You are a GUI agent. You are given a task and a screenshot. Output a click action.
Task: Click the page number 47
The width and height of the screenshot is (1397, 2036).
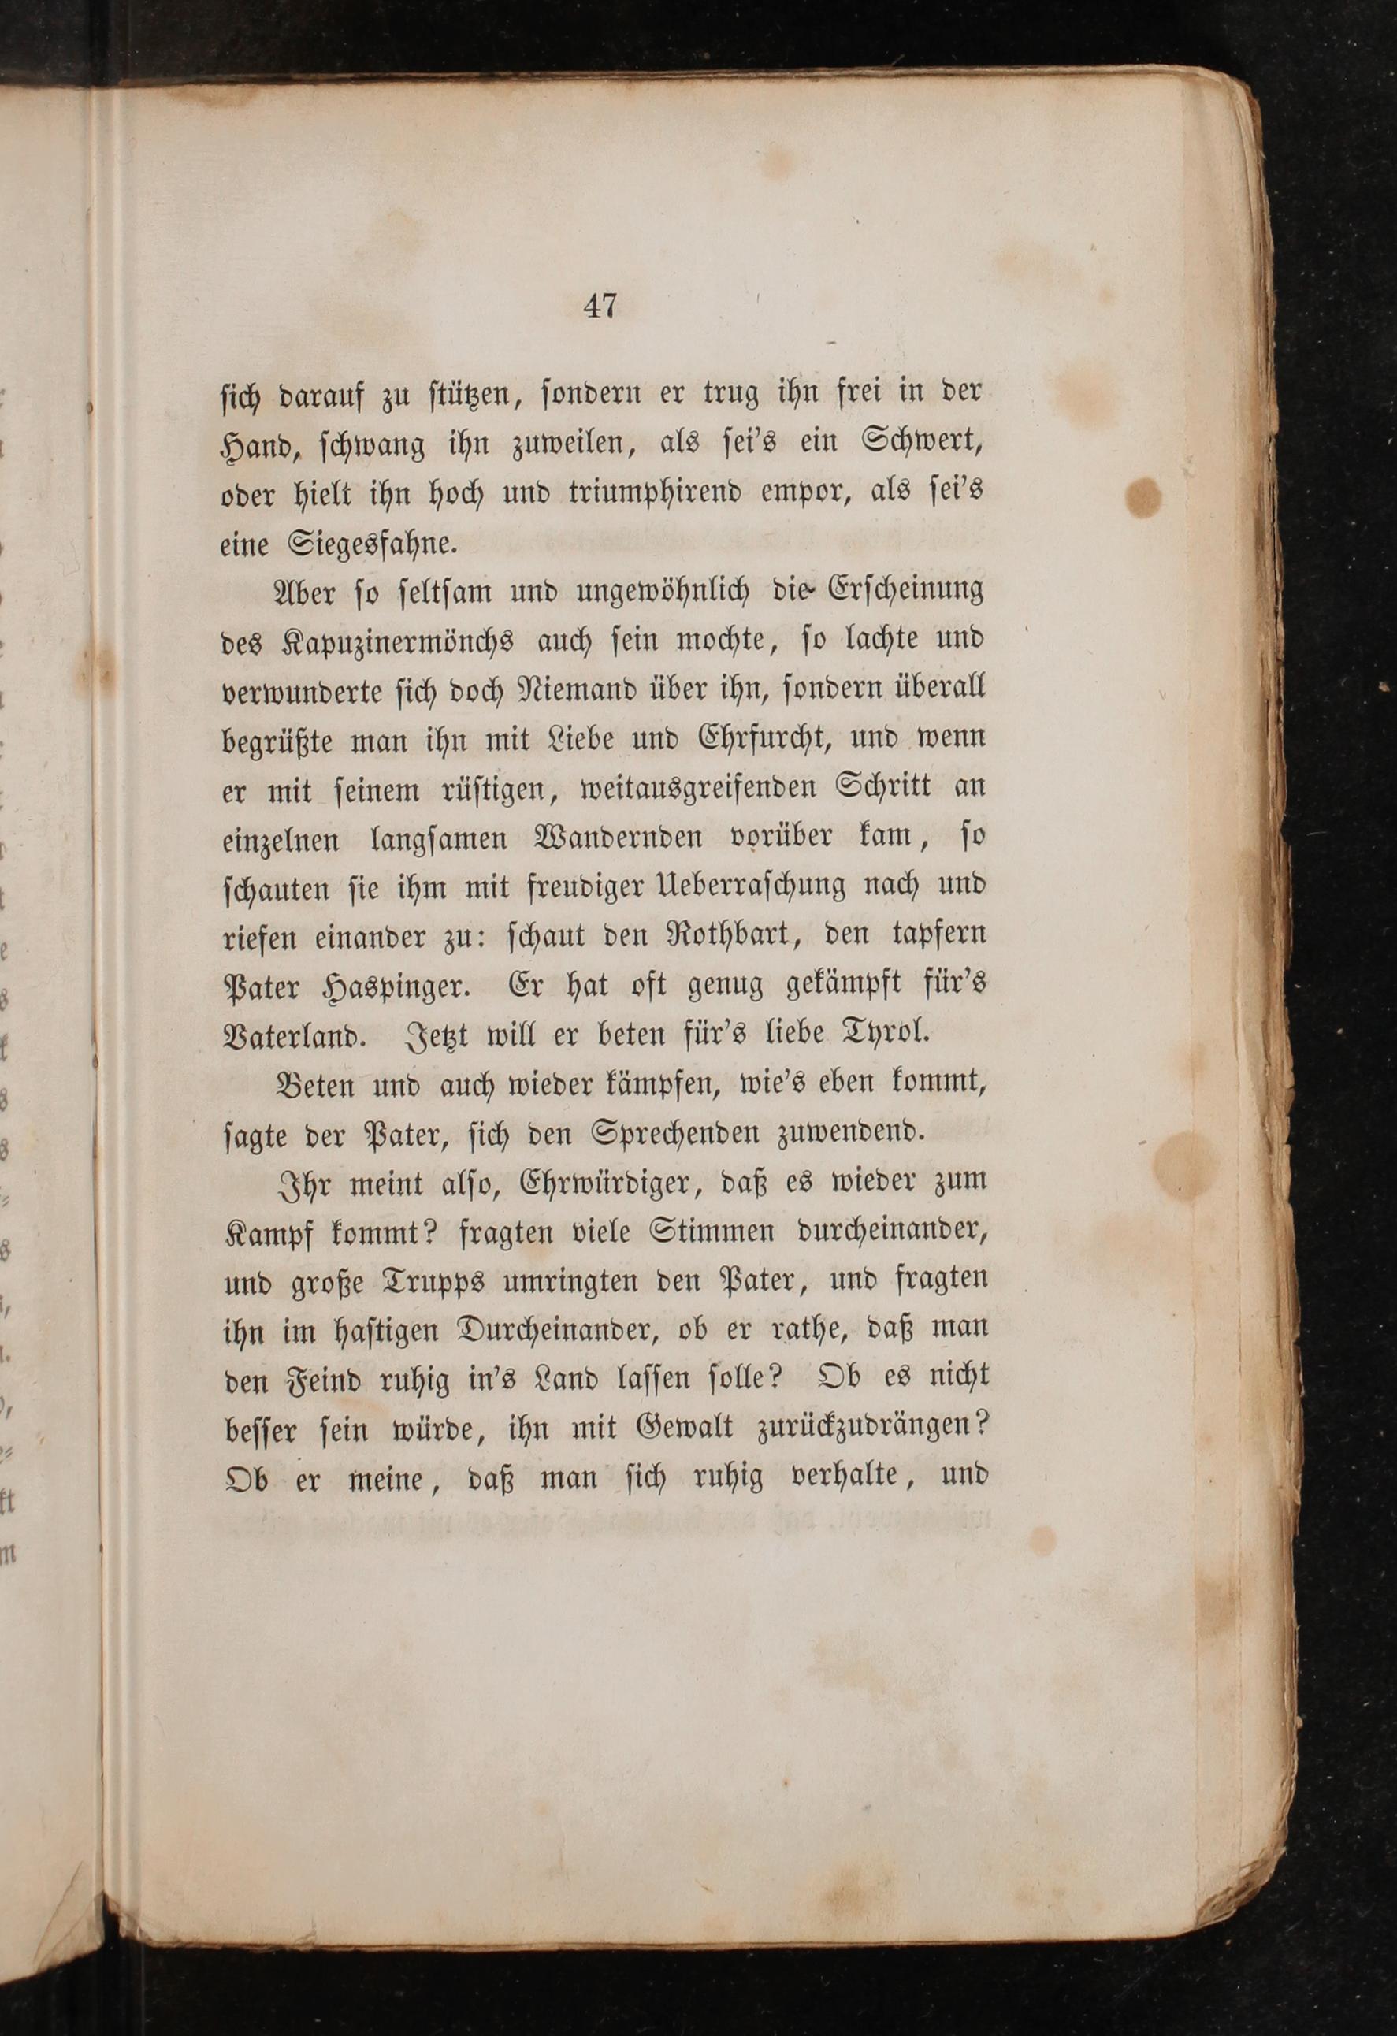(x=600, y=307)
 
